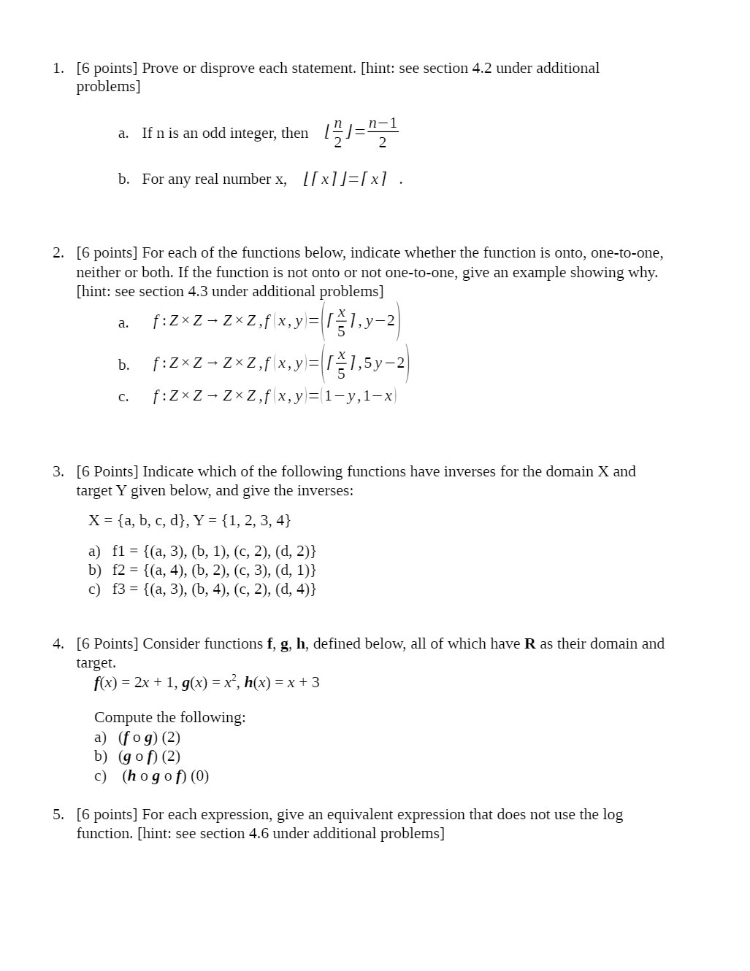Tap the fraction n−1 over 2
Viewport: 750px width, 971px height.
click(383, 133)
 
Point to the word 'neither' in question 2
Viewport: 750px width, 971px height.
click(98, 273)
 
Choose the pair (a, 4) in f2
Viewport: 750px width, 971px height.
click(165, 570)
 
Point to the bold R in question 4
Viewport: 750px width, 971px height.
click(529, 644)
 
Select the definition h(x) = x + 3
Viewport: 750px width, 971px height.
click(282, 683)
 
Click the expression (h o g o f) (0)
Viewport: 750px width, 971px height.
click(166, 776)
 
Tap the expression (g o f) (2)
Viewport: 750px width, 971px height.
click(149, 757)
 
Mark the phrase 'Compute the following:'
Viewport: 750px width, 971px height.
click(169, 718)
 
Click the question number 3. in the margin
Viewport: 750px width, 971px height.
click(58, 472)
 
